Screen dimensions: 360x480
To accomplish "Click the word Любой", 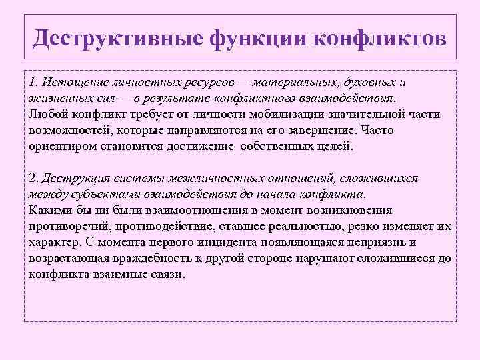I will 49,114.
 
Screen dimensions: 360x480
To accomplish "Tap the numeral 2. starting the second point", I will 35,179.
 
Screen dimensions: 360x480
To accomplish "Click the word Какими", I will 51,211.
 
